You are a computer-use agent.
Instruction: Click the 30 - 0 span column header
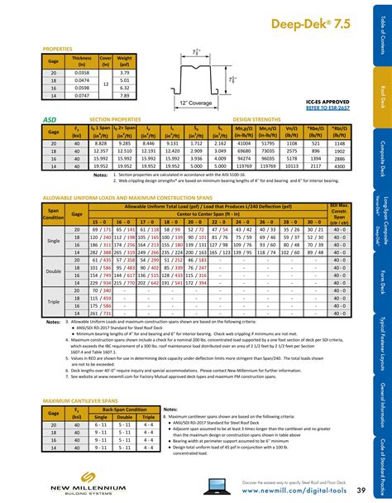pyautogui.click(x=315, y=199)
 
